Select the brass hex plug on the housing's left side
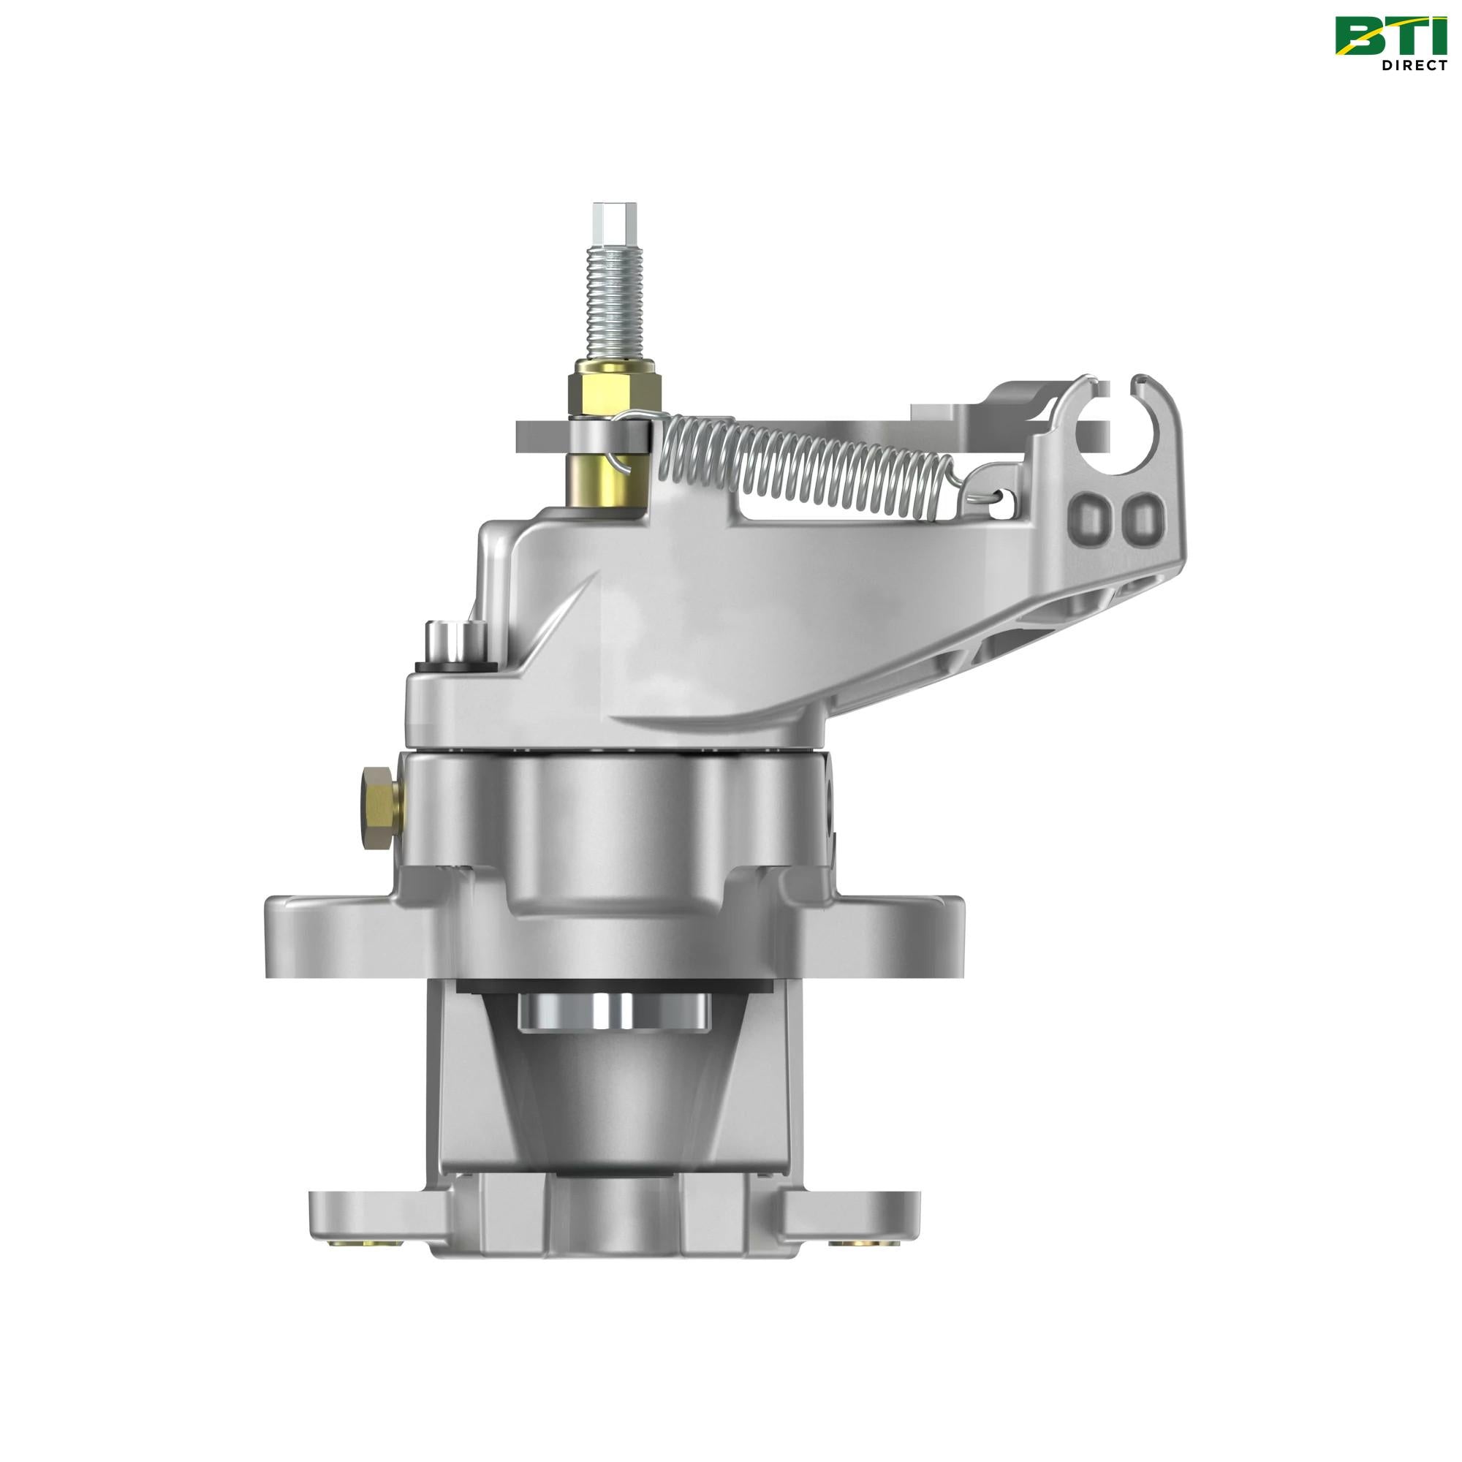tap(381, 807)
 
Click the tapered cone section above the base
tap(614, 1097)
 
